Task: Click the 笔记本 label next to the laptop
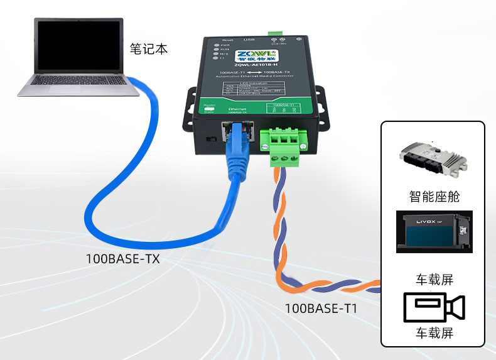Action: [149, 48]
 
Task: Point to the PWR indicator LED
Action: [216, 45]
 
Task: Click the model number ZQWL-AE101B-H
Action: [255, 65]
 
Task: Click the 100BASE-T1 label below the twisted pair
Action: [322, 308]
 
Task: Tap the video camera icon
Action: [433, 307]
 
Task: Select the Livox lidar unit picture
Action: [433, 232]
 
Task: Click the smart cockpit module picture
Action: [433, 161]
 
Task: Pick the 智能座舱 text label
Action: [433, 196]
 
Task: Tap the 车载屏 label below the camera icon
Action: [433, 333]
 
